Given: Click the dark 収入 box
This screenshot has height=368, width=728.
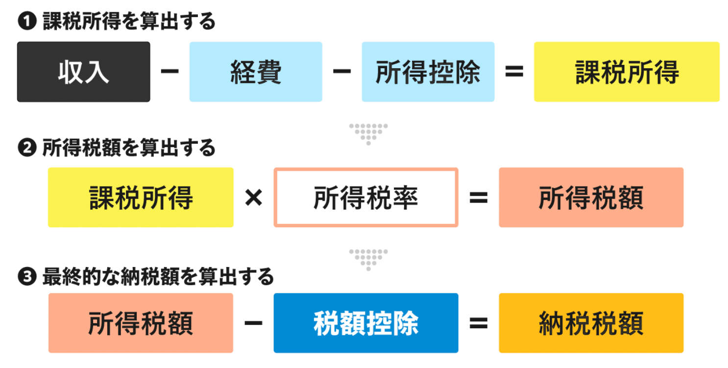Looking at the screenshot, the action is tap(83, 72).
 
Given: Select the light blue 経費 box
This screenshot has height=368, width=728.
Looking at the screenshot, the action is tap(256, 72).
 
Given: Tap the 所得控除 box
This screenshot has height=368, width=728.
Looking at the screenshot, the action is tap(428, 72).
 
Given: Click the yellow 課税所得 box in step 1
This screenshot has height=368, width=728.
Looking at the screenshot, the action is tap(627, 72).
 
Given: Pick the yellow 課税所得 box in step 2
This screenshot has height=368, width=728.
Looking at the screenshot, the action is tap(141, 197).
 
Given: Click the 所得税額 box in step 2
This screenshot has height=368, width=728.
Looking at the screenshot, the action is tap(591, 197).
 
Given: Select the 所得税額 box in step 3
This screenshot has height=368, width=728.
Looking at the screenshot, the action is tap(141, 323).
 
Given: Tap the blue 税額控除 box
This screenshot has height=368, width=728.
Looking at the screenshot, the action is tap(366, 323).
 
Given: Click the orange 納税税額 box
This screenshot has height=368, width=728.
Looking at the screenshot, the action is tap(591, 323).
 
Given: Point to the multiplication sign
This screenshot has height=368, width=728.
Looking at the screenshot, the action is tap(253, 198).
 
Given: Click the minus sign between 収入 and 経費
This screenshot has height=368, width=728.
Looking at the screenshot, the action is tap(170, 71).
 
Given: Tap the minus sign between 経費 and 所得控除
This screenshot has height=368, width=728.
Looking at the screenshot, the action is tap(342, 71).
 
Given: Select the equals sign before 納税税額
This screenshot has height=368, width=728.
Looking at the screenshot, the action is tap(479, 323).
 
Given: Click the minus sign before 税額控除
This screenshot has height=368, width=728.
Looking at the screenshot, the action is tap(253, 323).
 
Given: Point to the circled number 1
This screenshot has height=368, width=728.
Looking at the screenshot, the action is tap(27, 21).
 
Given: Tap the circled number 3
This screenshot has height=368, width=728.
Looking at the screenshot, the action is tap(27, 277).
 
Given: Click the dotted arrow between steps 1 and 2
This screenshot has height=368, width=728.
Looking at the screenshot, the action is tap(368, 134).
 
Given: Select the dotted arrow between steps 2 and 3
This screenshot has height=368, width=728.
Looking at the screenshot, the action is tap(368, 260).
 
